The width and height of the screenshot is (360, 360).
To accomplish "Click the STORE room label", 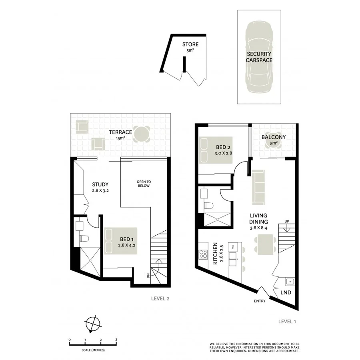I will tap(190, 44).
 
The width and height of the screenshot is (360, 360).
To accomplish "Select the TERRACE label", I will tap(121, 132).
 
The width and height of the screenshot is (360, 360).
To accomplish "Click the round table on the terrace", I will tap(142, 134).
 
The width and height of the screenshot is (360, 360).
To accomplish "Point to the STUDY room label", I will tap(100, 184).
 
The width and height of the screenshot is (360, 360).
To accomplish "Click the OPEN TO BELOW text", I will tap(144, 183).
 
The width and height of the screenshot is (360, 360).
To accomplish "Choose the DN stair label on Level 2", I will tap(148, 276).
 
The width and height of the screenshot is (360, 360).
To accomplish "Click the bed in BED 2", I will tap(214, 150).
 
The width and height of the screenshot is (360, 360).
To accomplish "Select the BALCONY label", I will tap(274, 137).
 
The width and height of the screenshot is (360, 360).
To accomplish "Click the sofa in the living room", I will tap(258, 186).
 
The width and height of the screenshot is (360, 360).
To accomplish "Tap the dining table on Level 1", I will tap(265, 243).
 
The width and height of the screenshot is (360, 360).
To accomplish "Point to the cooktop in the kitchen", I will tap(203, 254).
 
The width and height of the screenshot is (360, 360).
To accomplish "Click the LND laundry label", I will tap(285, 292).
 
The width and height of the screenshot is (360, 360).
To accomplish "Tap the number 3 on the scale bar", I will tap(116, 340).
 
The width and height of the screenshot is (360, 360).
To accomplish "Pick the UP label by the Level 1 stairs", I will tap(286, 221).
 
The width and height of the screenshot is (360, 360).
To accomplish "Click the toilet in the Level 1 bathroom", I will tap(209, 206).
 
